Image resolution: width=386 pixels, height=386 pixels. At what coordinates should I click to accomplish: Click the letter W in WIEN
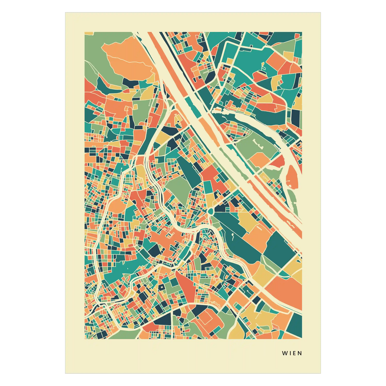(284, 353)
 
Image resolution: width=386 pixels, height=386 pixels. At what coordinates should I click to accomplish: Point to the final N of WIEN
(300, 353)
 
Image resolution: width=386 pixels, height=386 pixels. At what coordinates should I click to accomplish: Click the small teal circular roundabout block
(210, 212)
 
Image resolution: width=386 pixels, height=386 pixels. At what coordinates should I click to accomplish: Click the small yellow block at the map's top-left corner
(89, 33)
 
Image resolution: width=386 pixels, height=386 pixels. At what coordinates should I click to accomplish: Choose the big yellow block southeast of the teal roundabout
(247, 222)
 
